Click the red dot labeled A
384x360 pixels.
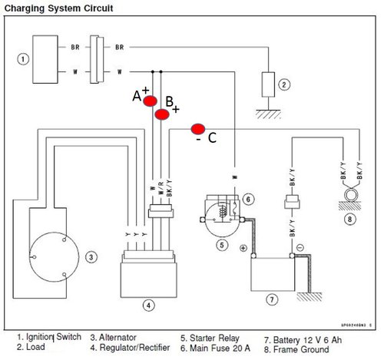click(150, 101)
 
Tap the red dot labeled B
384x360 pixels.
click(162, 114)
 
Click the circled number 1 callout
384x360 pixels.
click(24, 58)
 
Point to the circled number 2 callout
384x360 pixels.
click(283, 84)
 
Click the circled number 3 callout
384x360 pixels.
click(91, 257)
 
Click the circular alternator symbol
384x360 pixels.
click(48, 255)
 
